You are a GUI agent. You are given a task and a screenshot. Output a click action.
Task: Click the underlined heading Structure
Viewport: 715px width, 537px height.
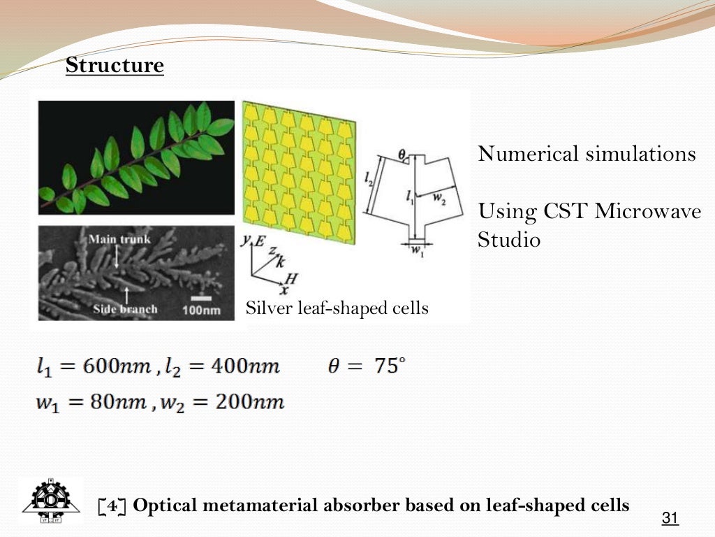coord(115,66)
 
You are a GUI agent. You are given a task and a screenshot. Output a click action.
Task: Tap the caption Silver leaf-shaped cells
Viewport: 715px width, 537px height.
coord(337,308)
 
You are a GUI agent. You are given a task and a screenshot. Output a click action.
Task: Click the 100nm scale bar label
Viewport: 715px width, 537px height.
coord(202,309)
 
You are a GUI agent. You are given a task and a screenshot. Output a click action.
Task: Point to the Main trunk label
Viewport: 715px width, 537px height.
coord(119,240)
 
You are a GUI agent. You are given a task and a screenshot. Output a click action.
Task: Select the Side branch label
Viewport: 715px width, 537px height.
coord(125,309)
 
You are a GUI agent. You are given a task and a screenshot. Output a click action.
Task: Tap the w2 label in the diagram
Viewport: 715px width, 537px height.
coord(439,198)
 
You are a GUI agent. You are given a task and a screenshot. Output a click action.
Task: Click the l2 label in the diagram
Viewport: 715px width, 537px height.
coord(369,178)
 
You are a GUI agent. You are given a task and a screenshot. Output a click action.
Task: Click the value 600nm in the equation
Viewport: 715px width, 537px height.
coord(115,366)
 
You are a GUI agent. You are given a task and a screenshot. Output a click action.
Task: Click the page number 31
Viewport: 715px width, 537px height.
coord(670,518)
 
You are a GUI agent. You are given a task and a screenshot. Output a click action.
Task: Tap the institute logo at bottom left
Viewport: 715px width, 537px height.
coord(50,501)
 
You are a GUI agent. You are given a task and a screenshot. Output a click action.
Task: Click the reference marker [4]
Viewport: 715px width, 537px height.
coord(112,506)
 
